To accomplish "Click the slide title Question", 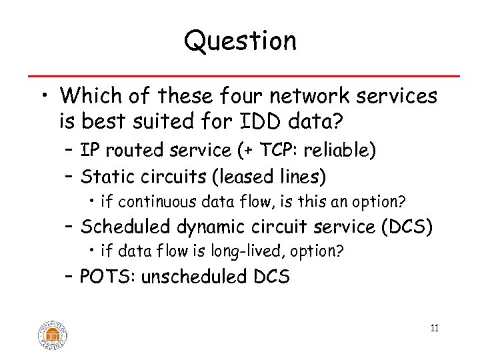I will coord(240,41).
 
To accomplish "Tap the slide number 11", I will coord(435,328).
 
